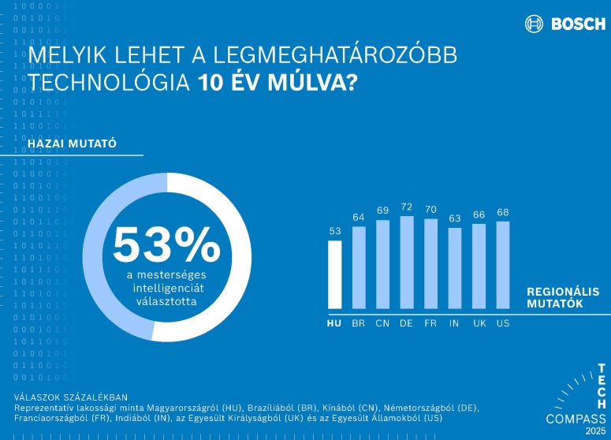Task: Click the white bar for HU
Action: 335,274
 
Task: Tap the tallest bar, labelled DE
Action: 407,262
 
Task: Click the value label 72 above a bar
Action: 407,207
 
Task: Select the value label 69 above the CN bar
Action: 383,211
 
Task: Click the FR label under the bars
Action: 430,323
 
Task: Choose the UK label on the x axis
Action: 479,323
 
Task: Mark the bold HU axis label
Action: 335,323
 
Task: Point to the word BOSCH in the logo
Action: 578,24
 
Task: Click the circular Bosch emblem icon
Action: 535,24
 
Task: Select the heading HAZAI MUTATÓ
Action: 73,144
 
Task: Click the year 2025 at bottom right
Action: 595,431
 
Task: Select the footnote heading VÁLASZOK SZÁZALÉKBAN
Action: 71,396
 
